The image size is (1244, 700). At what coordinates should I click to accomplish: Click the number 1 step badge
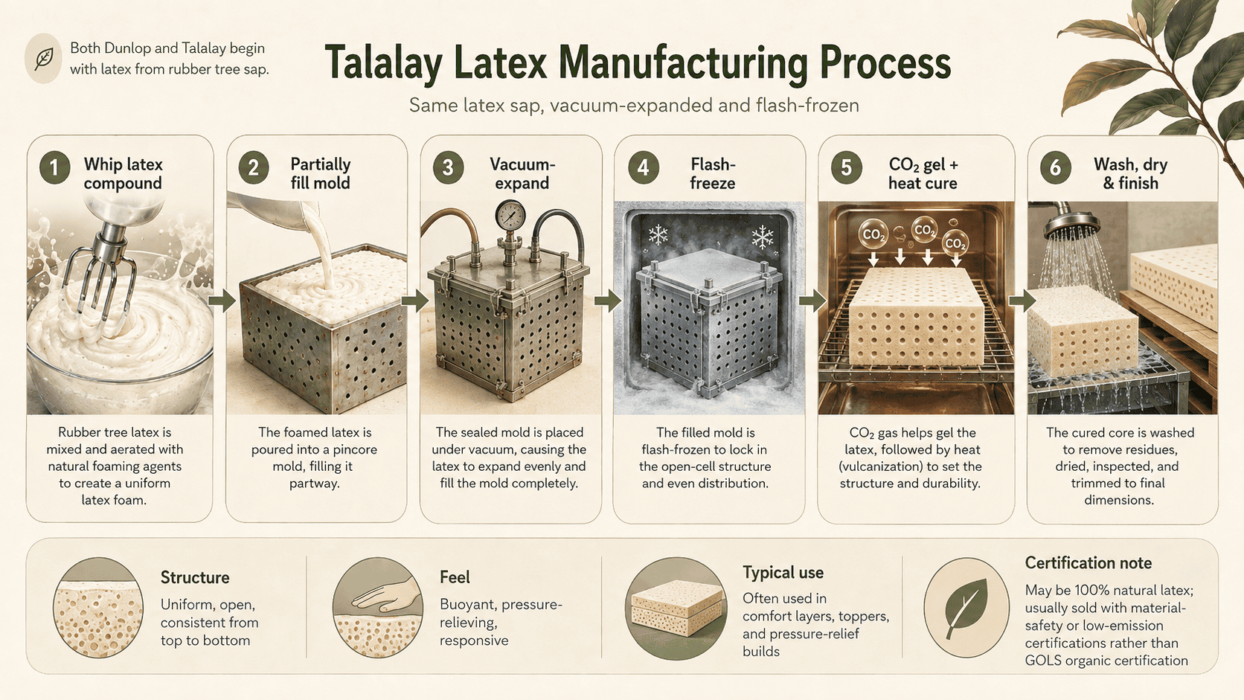click(54, 167)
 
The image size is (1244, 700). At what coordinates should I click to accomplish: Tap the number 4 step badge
click(643, 167)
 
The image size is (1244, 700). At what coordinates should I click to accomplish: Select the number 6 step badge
click(1055, 167)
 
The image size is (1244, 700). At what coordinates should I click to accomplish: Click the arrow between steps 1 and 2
click(222, 301)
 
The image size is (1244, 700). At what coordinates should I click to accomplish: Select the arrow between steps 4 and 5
click(812, 301)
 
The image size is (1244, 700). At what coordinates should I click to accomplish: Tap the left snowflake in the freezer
click(658, 235)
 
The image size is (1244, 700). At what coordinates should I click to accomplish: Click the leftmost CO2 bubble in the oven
click(873, 234)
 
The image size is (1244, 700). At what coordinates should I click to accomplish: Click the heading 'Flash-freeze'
click(713, 174)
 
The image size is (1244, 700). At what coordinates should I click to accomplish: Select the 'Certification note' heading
click(1088, 563)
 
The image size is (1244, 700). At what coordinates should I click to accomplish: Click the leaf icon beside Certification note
click(966, 609)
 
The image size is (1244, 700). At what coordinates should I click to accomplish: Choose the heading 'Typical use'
click(783, 573)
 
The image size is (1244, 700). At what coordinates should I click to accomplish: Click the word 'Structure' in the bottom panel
click(195, 578)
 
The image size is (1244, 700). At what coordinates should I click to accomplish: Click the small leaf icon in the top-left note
click(43, 59)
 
